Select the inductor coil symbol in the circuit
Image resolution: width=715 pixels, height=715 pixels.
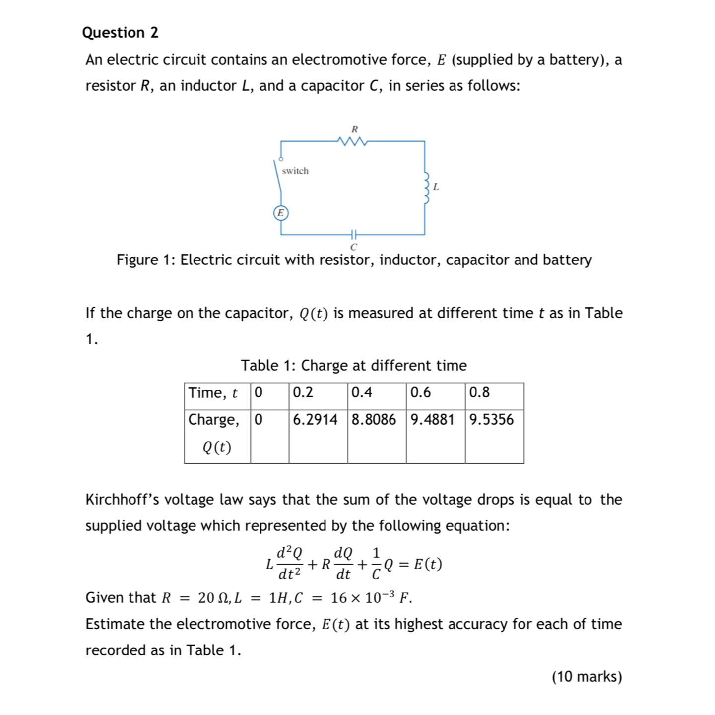pyautogui.click(x=425, y=188)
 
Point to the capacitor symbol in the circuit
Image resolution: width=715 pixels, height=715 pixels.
pyautogui.click(x=353, y=234)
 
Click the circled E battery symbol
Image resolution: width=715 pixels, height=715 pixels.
pyautogui.click(x=281, y=213)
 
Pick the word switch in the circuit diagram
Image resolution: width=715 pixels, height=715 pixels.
pyautogui.click(x=295, y=171)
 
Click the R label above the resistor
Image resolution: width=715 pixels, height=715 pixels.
pyautogui.click(x=354, y=129)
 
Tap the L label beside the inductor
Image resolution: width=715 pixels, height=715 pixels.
pyautogui.click(x=436, y=187)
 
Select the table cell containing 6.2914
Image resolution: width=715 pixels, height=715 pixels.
pyautogui.click(x=316, y=420)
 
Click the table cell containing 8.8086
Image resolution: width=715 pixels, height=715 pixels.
pyautogui.click(x=374, y=420)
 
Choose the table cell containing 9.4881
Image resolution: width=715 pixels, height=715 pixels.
pyautogui.click(x=433, y=420)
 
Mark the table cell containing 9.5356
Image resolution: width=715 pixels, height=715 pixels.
pyautogui.click(x=492, y=420)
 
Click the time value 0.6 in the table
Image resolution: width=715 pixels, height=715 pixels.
pyautogui.click(x=421, y=393)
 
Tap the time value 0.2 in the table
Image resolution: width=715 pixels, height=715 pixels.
pyautogui.click(x=303, y=393)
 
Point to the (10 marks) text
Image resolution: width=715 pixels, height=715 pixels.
pyautogui.click(x=586, y=677)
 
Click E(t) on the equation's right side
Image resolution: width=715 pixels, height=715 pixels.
pyautogui.click(x=427, y=565)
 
